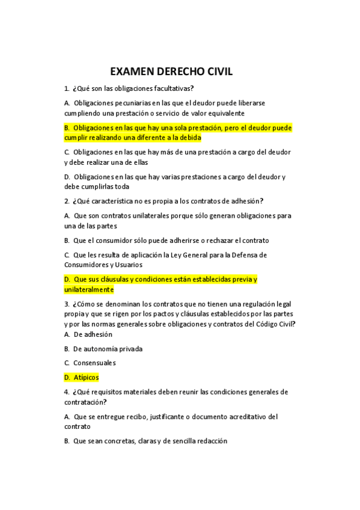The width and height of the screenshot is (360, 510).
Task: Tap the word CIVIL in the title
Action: (215, 72)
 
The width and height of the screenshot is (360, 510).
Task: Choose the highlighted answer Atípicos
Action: (86, 378)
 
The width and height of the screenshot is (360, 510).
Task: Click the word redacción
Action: (209, 441)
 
